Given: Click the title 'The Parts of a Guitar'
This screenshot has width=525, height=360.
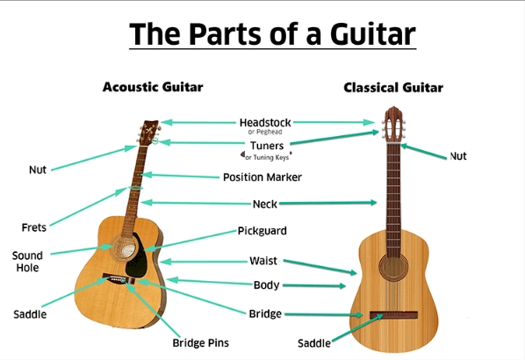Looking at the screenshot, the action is (x=272, y=34).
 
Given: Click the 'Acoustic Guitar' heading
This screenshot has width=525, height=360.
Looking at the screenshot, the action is (x=153, y=87).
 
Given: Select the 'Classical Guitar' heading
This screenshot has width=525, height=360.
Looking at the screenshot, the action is (x=393, y=88).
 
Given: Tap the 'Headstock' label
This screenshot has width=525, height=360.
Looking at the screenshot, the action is (x=265, y=123).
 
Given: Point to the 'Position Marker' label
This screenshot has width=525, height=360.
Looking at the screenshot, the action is (x=262, y=177).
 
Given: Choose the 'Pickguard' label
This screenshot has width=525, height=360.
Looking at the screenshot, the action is (x=262, y=231).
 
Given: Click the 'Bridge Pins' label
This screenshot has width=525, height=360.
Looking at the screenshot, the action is (x=200, y=343).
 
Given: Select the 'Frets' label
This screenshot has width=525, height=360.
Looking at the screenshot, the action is (x=34, y=227).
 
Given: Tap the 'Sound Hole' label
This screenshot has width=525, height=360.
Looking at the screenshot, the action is (x=27, y=262).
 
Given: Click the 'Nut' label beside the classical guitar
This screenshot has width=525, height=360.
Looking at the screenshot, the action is (x=458, y=156).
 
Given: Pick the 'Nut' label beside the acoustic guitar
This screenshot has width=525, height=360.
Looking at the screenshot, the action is (x=38, y=169).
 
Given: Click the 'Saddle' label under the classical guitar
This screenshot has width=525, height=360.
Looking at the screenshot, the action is (x=314, y=343).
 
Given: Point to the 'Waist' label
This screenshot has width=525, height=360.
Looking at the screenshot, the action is (x=263, y=261).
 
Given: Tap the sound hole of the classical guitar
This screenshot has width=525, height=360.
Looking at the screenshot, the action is (x=393, y=267).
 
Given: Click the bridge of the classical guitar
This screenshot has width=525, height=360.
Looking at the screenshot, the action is (x=393, y=315).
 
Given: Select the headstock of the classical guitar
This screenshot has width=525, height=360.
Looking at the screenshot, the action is (x=393, y=125).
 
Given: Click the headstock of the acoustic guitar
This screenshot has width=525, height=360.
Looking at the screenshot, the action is (x=149, y=133).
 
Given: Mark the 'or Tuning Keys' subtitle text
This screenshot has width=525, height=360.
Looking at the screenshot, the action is (x=267, y=157).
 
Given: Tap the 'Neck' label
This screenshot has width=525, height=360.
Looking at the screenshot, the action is (x=265, y=204).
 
